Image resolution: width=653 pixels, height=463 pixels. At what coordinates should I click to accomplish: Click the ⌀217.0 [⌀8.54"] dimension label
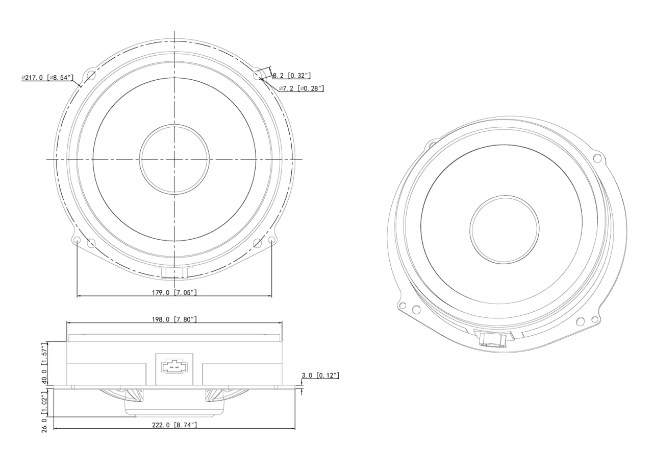(x=47, y=77)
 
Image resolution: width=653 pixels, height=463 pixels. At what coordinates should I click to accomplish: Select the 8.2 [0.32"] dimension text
(x=292, y=75)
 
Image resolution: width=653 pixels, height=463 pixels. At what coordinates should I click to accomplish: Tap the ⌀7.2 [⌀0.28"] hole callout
(x=302, y=88)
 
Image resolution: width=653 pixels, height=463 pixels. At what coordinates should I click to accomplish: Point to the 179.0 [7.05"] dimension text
(x=174, y=292)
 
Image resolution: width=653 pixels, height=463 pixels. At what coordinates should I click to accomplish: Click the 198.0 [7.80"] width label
(x=174, y=319)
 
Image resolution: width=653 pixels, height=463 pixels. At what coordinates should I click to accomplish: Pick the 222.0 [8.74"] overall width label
(x=174, y=425)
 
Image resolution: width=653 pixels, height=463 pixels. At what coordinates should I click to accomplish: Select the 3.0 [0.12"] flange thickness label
(x=320, y=376)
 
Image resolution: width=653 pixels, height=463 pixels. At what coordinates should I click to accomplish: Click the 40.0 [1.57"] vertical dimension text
(x=45, y=362)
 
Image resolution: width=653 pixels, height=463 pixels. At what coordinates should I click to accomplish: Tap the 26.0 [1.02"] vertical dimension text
(x=45, y=411)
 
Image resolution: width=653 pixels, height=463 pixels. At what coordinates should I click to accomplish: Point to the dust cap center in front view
(x=174, y=159)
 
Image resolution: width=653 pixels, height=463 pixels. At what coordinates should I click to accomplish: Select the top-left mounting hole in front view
(x=91, y=76)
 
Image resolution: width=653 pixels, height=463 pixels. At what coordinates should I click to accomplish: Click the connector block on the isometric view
(x=493, y=339)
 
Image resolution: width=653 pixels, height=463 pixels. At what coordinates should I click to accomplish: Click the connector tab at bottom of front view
(x=174, y=272)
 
